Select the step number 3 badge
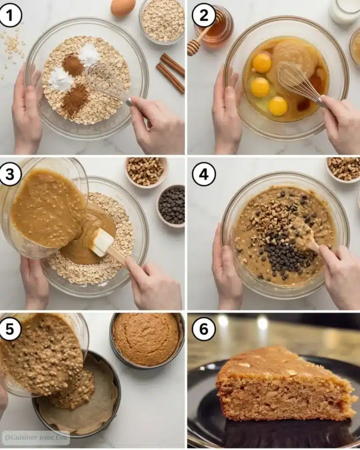click(x=10, y=174)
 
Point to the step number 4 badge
click(x=204, y=174)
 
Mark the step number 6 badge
click(x=204, y=329)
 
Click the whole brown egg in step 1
click(x=123, y=7)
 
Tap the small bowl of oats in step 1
click(x=162, y=21)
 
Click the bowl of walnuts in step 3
click(x=146, y=171)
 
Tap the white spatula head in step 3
click(x=102, y=242)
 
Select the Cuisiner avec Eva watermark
click(x=36, y=437)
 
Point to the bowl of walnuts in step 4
click(x=344, y=169)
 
